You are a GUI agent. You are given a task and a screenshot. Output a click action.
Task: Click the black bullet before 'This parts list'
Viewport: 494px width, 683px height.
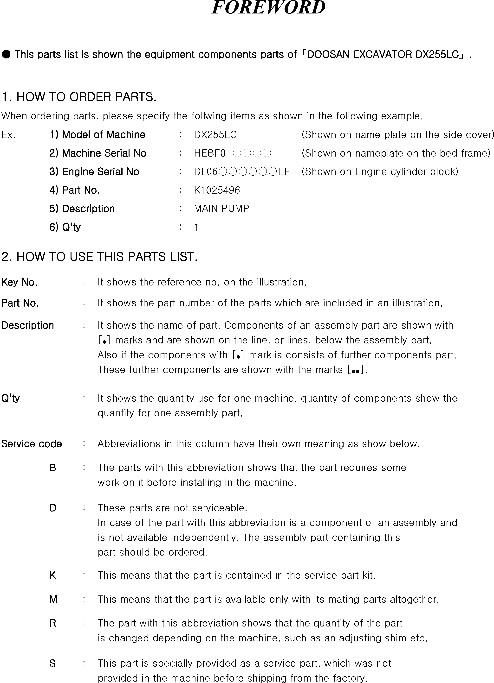pos(6,55)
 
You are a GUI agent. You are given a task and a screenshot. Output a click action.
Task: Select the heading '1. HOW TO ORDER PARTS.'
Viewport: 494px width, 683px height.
pos(79,97)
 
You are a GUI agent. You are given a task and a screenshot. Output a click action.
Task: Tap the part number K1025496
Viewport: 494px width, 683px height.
pos(217,190)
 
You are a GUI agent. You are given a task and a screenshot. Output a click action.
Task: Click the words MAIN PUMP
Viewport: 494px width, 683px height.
pos(221,209)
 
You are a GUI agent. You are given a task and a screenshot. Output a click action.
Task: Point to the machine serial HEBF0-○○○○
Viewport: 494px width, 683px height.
pos(232,153)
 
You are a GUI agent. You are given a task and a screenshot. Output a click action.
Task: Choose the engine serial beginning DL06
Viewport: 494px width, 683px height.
pos(242,172)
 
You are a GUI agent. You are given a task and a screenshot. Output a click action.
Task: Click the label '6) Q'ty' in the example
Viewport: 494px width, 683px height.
pos(65,227)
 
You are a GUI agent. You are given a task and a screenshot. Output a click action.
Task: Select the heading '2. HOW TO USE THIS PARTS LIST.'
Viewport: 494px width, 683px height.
pos(99,257)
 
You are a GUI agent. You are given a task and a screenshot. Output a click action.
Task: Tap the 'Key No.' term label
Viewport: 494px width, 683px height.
pos(19,282)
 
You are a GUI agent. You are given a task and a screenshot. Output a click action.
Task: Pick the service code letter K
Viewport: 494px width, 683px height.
pos(52,575)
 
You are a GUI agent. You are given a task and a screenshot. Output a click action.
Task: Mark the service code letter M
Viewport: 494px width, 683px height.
pos(53,600)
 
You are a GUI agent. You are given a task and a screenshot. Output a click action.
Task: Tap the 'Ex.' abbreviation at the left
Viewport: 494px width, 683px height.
pos(8,135)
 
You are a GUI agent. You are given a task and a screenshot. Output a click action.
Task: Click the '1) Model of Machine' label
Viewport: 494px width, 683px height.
pos(97,135)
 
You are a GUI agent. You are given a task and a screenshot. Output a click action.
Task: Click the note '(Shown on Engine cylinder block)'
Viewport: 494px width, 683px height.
pos(380,172)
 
